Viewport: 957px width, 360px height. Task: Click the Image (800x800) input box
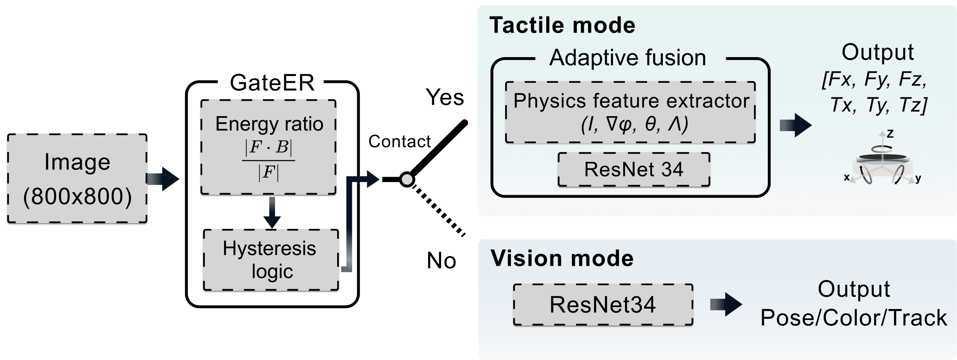(77, 178)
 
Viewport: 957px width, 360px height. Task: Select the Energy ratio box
(268, 147)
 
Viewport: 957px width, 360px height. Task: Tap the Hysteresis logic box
(271, 260)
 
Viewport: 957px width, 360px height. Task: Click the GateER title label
(272, 82)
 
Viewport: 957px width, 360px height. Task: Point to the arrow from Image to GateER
(163, 179)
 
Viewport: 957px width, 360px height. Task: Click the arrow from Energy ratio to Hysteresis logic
(272, 213)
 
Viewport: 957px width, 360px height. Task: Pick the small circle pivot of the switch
(407, 179)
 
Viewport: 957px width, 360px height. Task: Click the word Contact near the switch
(399, 141)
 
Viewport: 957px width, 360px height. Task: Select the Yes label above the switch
(445, 97)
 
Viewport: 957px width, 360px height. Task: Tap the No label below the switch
(441, 261)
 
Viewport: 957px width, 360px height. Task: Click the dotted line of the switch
(438, 210)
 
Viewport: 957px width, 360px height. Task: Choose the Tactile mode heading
(562, 25)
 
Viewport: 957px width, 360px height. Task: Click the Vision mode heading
(562, 258)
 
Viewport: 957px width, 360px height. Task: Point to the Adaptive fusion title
(628, 58)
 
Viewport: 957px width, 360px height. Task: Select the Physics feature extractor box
(631, 112)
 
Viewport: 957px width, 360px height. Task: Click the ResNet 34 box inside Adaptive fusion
(634, 169)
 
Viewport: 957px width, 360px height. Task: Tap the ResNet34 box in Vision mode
(603, 305)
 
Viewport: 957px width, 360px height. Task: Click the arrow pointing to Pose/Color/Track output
(726, 305)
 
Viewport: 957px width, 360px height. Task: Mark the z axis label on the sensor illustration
(890, 134)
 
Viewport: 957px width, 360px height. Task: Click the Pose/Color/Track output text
(853, 318)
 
